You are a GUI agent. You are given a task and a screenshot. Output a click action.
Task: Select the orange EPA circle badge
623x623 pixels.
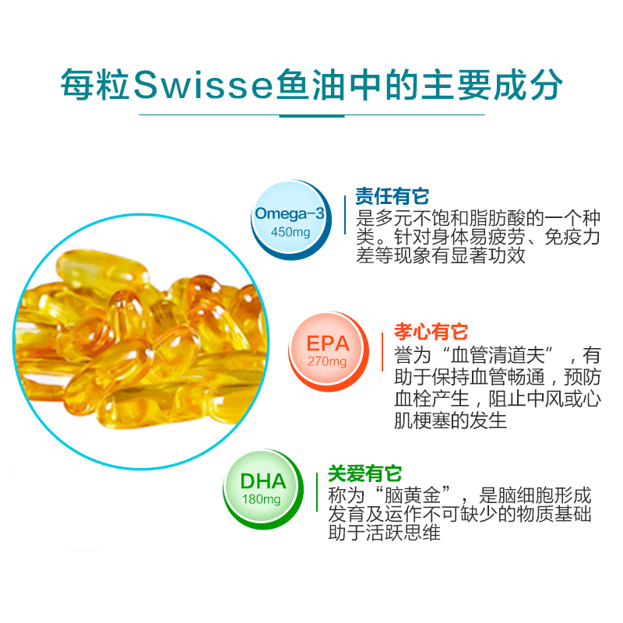pyautogui.click(x=328, y=351)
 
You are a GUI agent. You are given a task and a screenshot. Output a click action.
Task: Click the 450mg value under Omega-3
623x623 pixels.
pyautogui.click(x=290, y=233)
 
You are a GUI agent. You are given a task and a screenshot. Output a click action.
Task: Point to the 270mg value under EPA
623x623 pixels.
pyautogui.click(x=327, y=362)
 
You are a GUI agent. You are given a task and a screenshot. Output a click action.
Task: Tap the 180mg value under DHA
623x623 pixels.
pyautogui.click(x=262, y=499)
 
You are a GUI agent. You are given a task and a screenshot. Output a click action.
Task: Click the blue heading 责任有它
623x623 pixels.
pyautogui.click(x=392, y=195)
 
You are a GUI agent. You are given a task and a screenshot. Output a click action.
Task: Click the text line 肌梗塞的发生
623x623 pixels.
pyautogui.click(x=451, y=421)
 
